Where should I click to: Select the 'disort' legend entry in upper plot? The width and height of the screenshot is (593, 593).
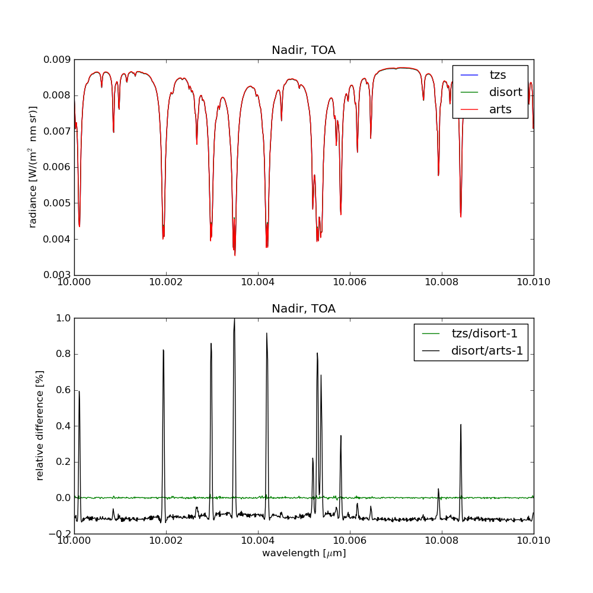click(x=505, y=92)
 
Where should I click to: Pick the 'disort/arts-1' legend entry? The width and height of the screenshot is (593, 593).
click(x=487, y=350)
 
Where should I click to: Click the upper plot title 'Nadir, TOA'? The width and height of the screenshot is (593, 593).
click(x=304, y=50)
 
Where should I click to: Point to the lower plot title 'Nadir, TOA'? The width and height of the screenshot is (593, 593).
click(x=304, y=309)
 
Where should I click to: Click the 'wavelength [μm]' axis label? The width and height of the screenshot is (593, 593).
click(x=304, y=553)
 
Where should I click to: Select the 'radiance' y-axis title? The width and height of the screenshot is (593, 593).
click(x=33, y=167)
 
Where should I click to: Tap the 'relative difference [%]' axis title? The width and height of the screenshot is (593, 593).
click(x=40, y=426)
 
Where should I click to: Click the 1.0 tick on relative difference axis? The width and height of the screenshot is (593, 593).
click(x=62, y=318)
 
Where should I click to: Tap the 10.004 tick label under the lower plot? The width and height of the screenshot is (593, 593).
click(x=258, y=541)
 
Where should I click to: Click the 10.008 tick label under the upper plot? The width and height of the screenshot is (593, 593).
click(x=442, y=283)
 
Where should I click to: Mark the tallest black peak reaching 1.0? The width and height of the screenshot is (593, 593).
click(x=234, y=320)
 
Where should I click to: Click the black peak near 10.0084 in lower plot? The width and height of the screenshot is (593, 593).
click(x=460, y=425)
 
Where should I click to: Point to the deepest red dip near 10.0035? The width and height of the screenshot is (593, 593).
click(x=235, y=255)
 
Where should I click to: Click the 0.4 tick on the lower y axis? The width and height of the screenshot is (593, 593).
click(x=62, y=426)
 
